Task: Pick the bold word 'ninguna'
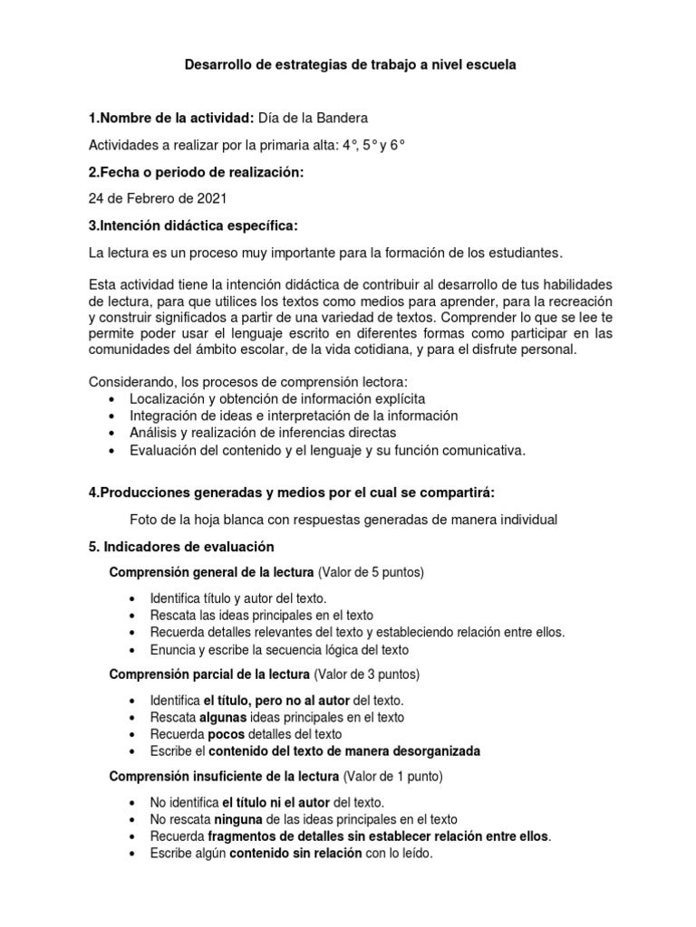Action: [x=228, y=818]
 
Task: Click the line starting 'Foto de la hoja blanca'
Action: [x=343, y=519]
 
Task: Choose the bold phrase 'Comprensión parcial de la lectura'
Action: [x=209, y=674]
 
